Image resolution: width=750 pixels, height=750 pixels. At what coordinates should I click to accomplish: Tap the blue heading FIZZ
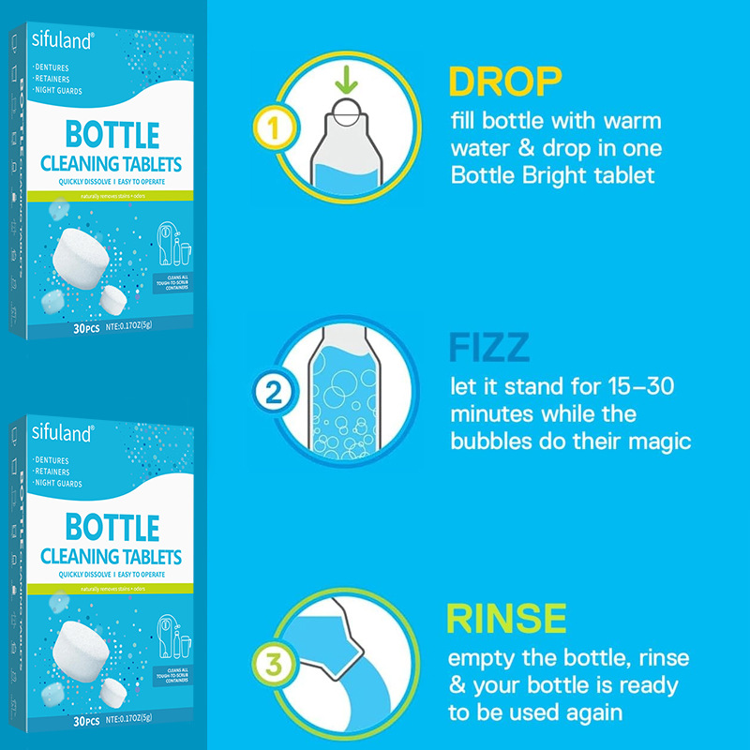pyautogui.click(x=488, y=348)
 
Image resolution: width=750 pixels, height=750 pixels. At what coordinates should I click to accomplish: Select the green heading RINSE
pyautogui.click(x=507, y=619)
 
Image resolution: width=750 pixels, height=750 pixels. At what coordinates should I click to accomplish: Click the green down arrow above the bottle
pyautogui.click(x=347, y=82)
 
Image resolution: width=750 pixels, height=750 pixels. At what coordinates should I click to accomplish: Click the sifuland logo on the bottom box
pyautogui.click(x=62, y=433)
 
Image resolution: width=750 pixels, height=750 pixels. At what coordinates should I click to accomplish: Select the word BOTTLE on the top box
pyautogui.click(x=111, y=134)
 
